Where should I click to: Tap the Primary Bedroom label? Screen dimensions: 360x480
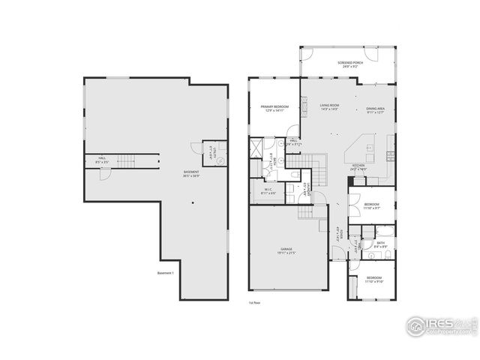(x=274, y=109)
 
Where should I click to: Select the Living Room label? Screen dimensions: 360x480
(x=329, y=107)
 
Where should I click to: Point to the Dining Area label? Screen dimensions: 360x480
(x=375, y=110)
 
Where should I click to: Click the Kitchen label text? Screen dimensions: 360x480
(x=358, y=167)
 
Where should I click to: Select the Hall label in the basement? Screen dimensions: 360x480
(x=101, y=160)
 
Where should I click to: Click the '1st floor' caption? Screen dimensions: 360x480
(x=254, y=303)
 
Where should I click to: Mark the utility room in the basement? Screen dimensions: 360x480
(x=214, y=155)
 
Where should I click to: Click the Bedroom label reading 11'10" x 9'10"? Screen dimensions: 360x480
(x=373, y=280)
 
